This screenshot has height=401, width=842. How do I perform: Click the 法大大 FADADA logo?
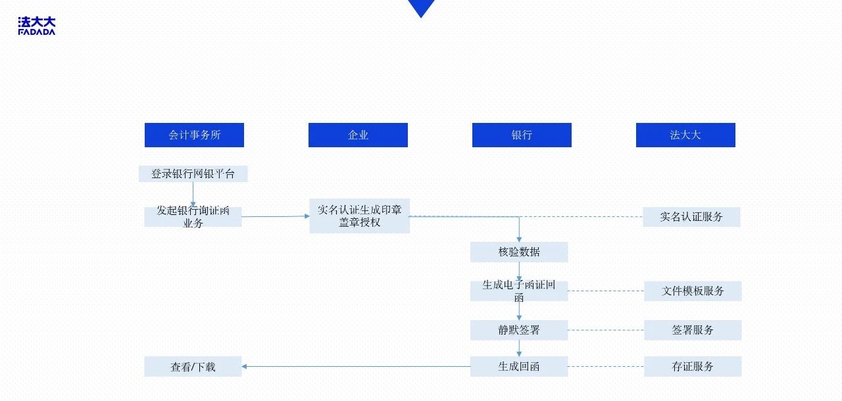point(37,26)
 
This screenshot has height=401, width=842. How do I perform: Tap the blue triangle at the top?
point(421,7)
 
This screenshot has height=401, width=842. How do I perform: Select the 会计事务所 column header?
point(194,135)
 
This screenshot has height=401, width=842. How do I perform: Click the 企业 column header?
point(358,135)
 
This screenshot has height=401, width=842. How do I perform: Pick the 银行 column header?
point(522,135)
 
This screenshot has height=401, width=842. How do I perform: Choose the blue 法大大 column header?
point(685,135)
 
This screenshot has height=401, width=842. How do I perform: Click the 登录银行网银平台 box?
point(193,174)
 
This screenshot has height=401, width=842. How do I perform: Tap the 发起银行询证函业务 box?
point(193,217)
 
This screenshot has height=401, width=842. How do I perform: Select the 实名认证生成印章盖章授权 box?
point(359,216)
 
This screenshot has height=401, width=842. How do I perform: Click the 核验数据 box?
point(519,252)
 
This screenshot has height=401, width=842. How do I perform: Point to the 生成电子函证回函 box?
point(519,291)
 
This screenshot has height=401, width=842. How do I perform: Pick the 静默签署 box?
point(519,330)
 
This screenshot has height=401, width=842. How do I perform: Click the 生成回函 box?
point(519,366)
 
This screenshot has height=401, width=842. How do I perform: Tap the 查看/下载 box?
point(193,367)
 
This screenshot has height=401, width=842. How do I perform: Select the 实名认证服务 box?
point(691,217)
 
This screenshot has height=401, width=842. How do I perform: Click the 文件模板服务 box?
point(693,291)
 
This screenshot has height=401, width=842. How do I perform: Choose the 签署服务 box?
point(693,330)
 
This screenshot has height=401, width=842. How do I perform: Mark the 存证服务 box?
point(693,366)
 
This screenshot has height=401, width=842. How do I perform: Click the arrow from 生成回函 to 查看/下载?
point(355,366)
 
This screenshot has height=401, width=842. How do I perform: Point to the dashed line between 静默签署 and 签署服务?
point(605,330)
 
